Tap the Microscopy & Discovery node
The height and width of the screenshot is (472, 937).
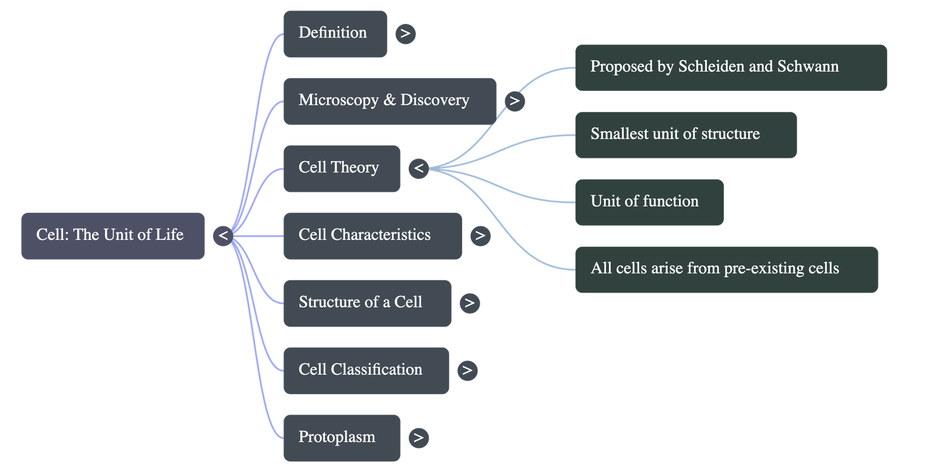[x=389, y=101]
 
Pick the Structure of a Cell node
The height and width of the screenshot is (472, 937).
[x=367, y=303]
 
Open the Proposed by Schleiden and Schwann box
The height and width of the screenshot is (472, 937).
[x=730, y=67]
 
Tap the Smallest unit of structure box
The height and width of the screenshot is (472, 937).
[x=685, y=135]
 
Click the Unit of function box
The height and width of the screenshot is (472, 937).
[x=649, y=202]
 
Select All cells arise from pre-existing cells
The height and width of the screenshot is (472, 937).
[x=726, y=270]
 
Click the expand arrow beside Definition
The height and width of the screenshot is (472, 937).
[x=405, y=33]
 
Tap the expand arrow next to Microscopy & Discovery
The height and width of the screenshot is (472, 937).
[x=515, y=101]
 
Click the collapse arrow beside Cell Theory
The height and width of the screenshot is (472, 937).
[x=419, y=169]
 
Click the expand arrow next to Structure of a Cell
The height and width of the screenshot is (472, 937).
[x=469, y=303]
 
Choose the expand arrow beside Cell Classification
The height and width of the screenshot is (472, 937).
[x=467, y=371]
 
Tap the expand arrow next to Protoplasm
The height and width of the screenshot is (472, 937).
[x=418, y=438]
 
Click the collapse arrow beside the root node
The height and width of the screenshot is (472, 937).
[x=223, y=236]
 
